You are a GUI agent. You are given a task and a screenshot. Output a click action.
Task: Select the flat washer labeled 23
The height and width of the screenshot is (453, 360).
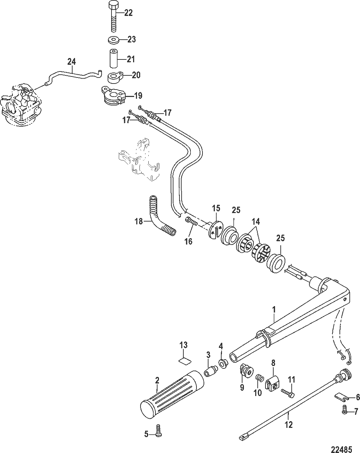pos(113,39)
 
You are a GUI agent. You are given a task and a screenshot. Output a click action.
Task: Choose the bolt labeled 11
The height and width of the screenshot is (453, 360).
pos(287,392)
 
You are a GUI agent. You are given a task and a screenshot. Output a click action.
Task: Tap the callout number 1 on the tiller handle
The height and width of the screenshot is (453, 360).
pos(273,310)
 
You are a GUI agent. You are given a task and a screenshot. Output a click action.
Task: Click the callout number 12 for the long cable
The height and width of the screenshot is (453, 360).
pos(289,424)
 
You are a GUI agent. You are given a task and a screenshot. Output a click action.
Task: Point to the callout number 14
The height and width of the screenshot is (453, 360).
pos(256,222)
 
